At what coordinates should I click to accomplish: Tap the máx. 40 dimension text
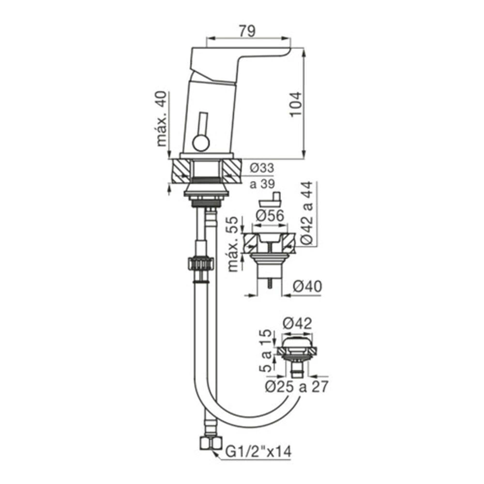(162, 119)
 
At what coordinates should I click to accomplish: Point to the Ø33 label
(262, 168)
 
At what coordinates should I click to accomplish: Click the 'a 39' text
(262, 184)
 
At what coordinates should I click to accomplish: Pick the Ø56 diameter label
(270, 215)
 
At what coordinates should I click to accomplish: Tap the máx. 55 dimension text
(233, 244)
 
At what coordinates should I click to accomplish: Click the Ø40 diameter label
(307, 286)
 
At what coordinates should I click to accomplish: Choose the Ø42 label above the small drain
(298, 323)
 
